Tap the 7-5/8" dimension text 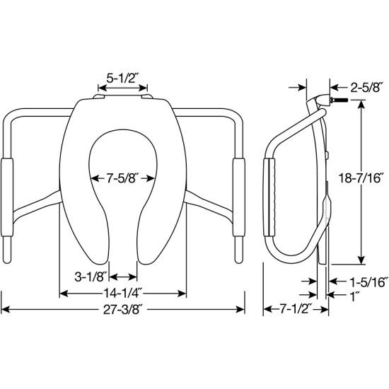122,178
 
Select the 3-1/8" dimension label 91,277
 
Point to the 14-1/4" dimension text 122,294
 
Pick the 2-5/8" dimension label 365,87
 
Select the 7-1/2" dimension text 296,309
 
